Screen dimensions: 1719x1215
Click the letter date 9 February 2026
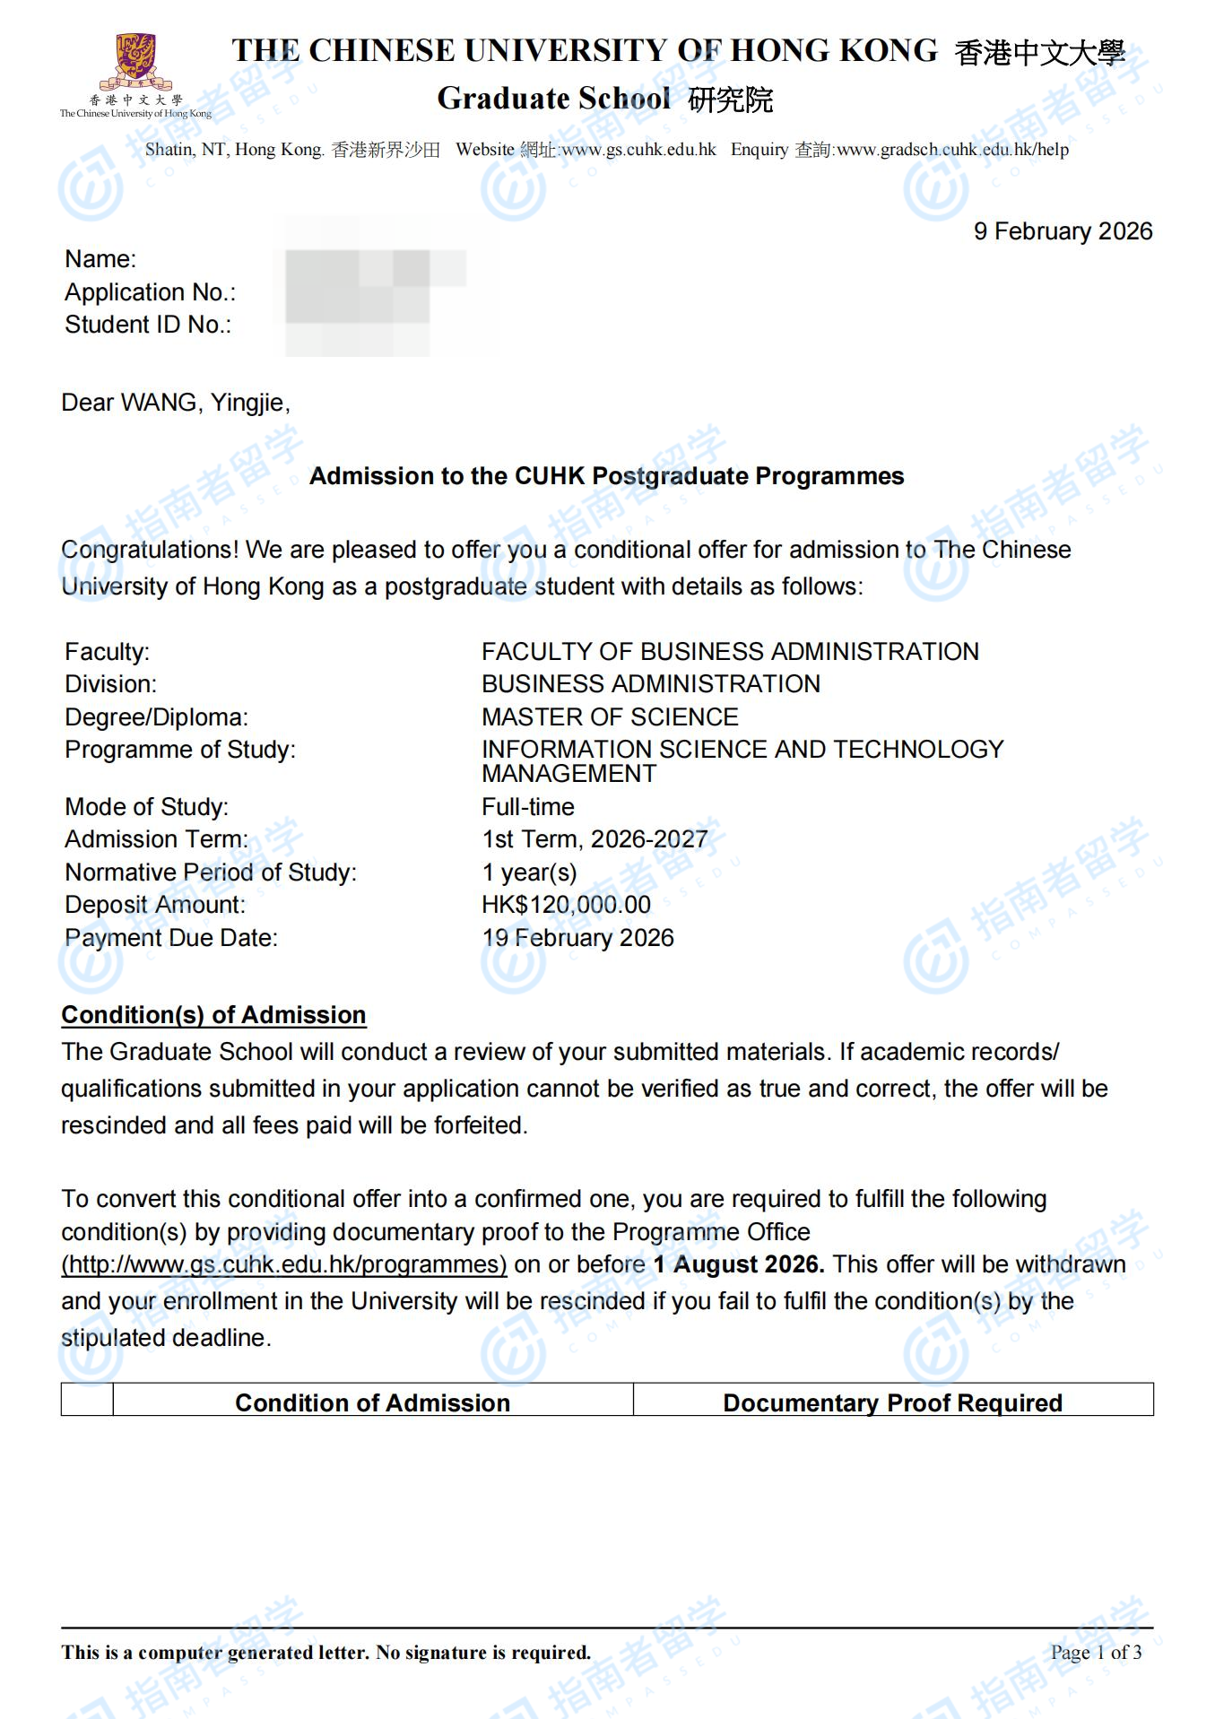point(1063,231)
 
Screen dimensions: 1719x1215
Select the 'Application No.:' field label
point(150,292)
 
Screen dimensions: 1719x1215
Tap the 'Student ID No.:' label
point(148,325)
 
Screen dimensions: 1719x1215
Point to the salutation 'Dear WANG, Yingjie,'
point(176,403)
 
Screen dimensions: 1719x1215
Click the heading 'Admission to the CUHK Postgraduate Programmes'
point(606,476)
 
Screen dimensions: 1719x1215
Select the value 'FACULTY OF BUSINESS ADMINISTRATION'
point(730,652)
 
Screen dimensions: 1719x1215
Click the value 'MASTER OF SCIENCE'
point(610,717)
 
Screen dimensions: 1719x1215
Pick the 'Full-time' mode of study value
point(528,807)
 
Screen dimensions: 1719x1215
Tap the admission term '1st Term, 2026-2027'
point(594,839)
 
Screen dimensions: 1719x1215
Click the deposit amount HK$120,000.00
point(566,905)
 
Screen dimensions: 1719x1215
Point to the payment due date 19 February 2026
point(577,938)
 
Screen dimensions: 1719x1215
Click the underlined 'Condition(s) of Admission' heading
point(213,1015)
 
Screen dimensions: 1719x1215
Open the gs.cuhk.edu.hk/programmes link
point(284,1264)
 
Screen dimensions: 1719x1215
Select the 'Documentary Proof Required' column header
point(892,1402)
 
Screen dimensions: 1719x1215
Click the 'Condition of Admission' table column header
point(372,1402)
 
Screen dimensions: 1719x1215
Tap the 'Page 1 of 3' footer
point(1096,1652)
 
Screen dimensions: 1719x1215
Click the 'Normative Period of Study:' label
point(211,873)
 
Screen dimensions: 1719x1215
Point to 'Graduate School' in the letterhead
point(553,99)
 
